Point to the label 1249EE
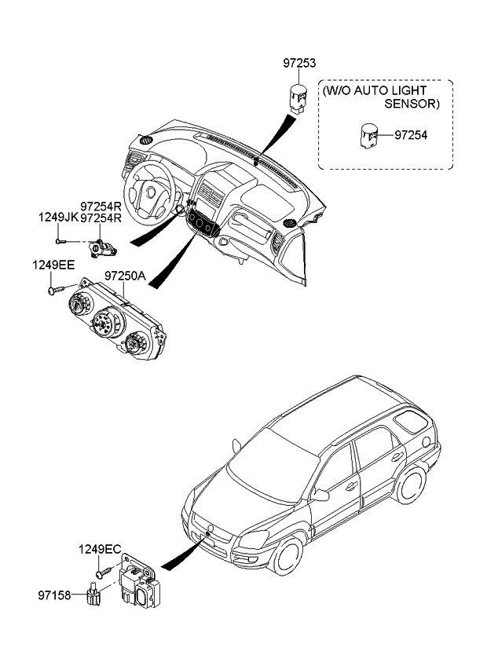(x=52, y=265)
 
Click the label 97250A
(x=126, y=276)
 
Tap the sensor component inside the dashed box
(x=369, y=135)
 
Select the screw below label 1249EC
(x=98, y=576)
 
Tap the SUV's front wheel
(x=287, y=555)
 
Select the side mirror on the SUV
(x=320, y=495)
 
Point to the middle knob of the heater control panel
(x=104, y=321)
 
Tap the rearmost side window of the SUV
(x=408, y=425)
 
